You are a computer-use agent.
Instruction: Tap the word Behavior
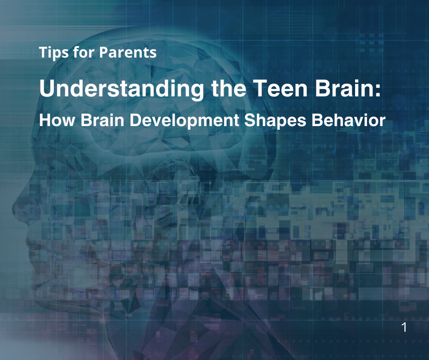point(349,120)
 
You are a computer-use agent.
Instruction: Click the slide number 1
point(403,327)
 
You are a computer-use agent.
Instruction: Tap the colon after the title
point(377,90)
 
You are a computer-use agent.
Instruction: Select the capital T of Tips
point(43,53)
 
